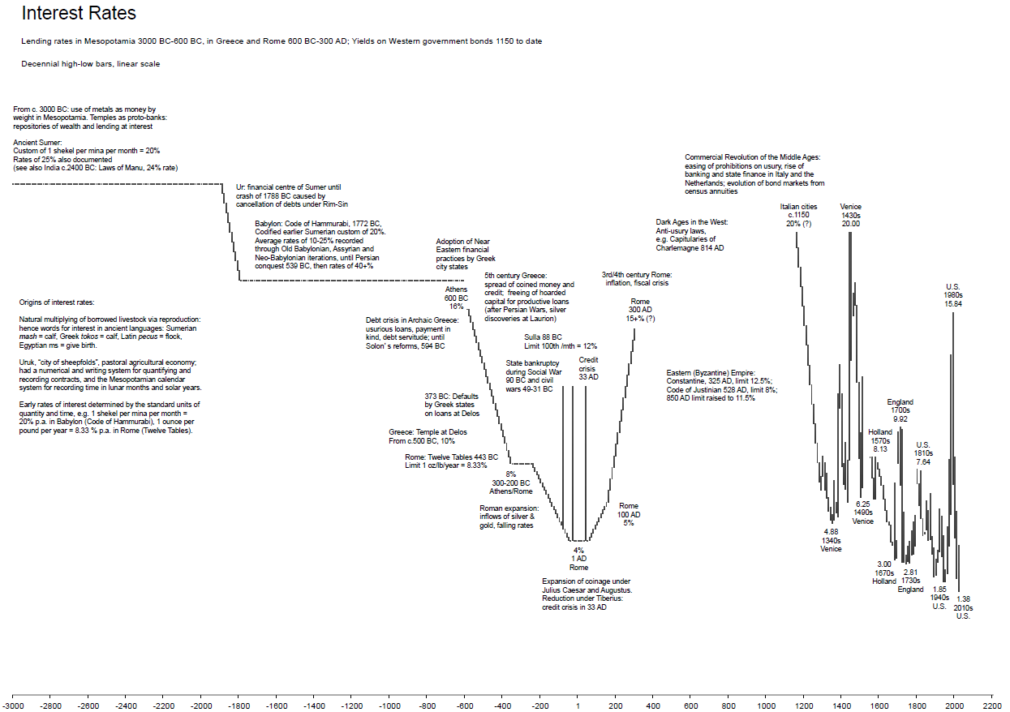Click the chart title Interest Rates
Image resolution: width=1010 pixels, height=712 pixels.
(x=79, y=14)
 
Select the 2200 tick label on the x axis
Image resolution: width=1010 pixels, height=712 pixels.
(x=991, y=706)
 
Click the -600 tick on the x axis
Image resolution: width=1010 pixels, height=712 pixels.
(x=464, y=706)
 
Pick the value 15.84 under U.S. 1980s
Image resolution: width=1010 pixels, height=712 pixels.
(x=953, y=304)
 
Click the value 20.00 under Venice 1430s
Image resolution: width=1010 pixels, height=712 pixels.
(x=851, y=224)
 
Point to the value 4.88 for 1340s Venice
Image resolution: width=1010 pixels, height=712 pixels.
(x=831, y=532)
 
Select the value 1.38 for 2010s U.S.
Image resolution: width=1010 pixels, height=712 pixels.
(x=964, y=598)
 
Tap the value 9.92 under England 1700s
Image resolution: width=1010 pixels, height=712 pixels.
(x=900, y=419)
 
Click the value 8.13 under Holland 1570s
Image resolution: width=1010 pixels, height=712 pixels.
(x=880, y=449)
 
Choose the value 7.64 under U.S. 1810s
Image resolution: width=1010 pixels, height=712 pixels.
(x=923, y=461)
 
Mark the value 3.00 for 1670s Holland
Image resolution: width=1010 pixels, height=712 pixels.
(x=884, y=564)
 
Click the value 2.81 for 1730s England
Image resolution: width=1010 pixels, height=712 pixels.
(x=911, y=573)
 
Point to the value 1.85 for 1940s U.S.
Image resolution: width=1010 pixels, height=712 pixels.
(x=939, y=590)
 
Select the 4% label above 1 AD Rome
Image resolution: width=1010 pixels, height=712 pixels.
(x=578, y=551)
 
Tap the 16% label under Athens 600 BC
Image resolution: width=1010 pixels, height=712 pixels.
(x=456, y=307)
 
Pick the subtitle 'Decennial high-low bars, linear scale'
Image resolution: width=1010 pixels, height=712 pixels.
(x=91, y=64)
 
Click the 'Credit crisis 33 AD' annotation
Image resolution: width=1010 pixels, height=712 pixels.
(x=588, y=368)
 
